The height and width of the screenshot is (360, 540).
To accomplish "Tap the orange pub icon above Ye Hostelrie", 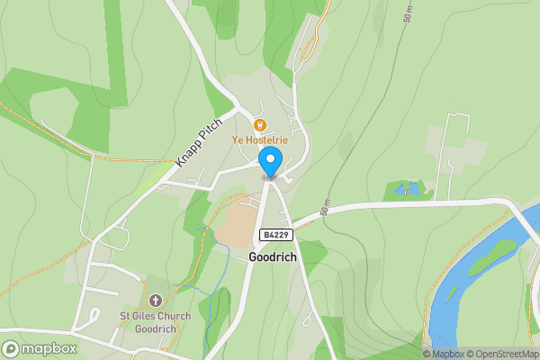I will (261, 125).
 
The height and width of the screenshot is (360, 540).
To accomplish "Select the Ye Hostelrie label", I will (260, 140).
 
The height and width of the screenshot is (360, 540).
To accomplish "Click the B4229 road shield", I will (276, 235).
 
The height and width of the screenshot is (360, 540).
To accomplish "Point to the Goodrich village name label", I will (273, 256).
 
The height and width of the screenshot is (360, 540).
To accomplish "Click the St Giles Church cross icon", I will (155, 300).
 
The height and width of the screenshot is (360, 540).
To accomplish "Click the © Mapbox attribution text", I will (443, 354).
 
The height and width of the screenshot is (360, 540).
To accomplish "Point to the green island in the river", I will (490, 256).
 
